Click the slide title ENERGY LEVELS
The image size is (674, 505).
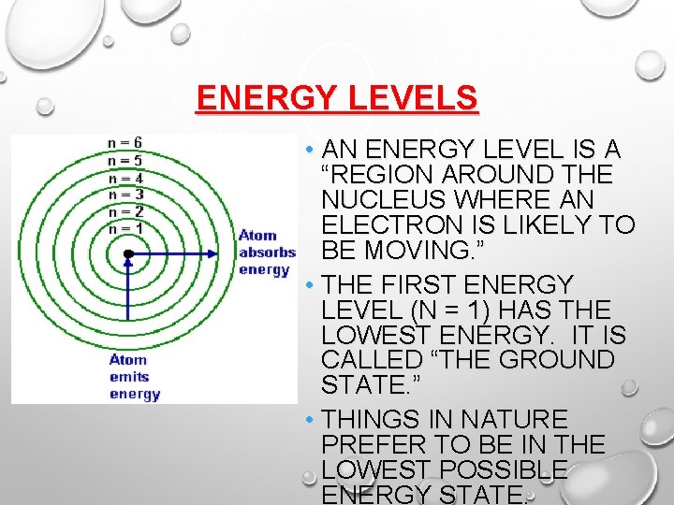(x=337, y=98)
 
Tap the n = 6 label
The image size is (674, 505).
(x=125, y=142)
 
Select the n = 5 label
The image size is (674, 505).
(x=125, y=160)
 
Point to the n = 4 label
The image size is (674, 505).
(x=125, y=178)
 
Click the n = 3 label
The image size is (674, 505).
(x=125, y=195)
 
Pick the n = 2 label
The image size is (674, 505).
(x=125, y=211)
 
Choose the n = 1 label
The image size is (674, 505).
(x=125, y=228)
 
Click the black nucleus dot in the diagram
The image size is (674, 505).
(x=128, y=253)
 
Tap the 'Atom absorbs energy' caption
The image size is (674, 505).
(x=266, y=252)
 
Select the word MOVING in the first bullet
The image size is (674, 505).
(x=429, y=251)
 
